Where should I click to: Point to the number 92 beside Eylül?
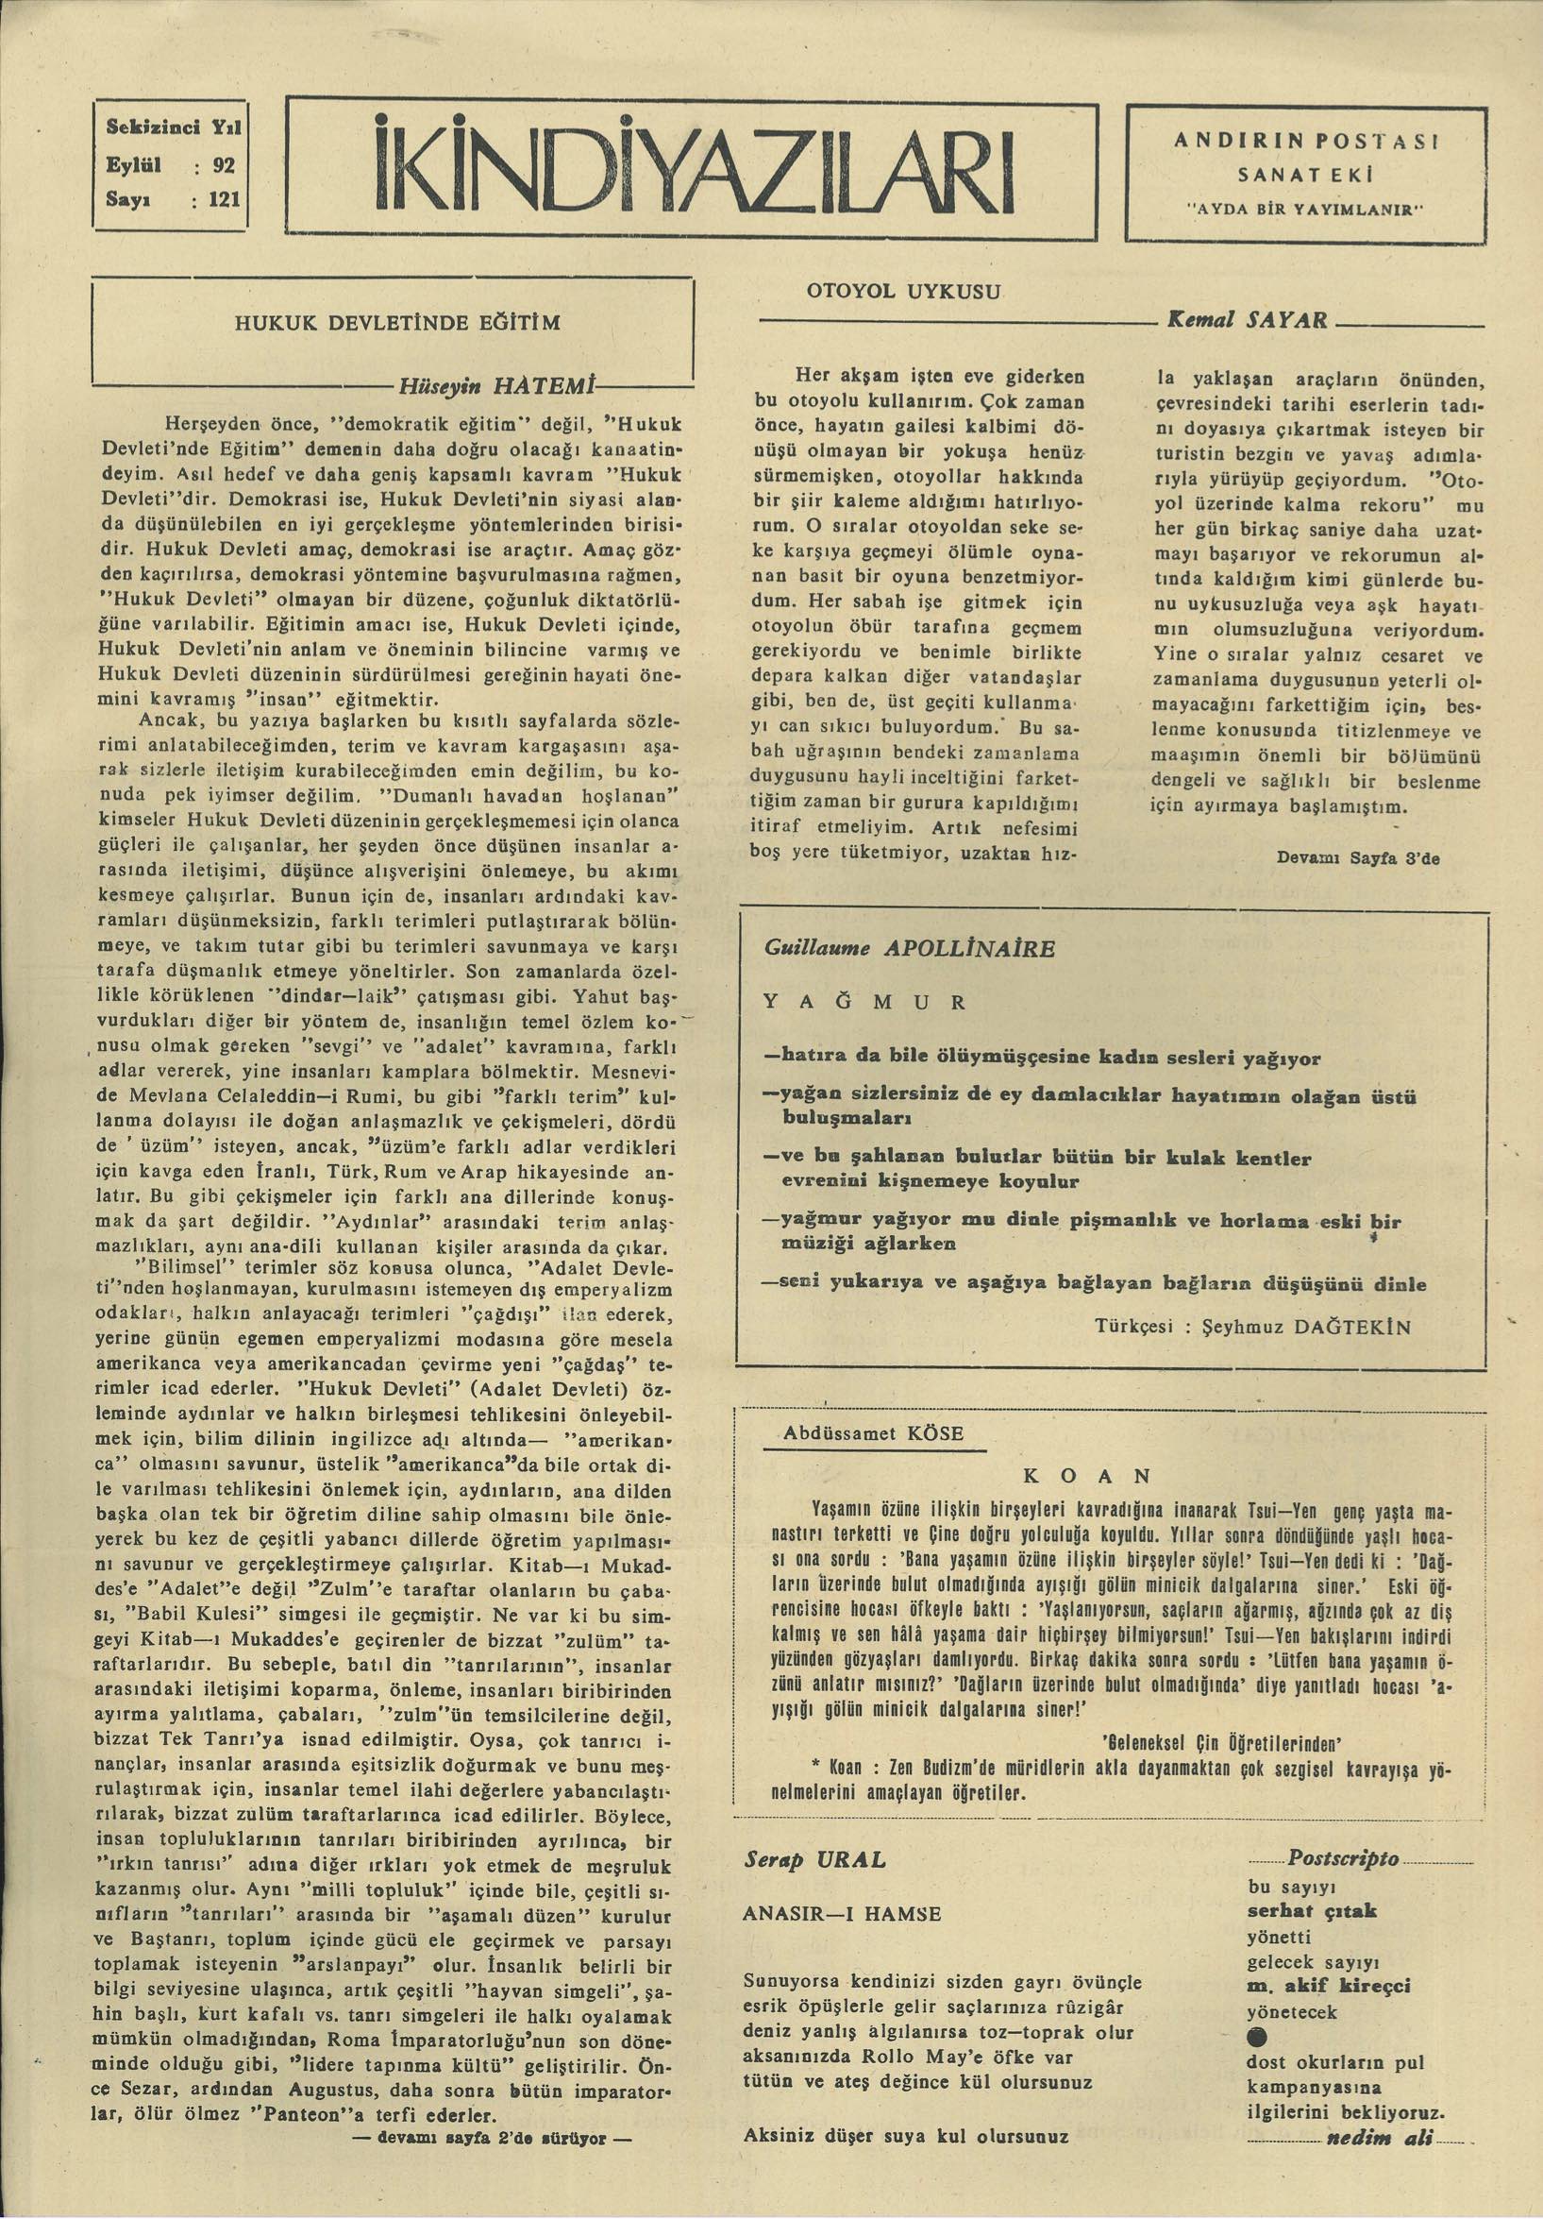pos(225,164)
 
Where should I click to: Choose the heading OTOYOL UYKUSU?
pos(907,291)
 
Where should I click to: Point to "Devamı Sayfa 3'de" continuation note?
pos(1357,856)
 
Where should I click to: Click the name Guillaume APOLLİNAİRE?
pos(896,948)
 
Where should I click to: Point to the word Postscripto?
pos(1342,1858)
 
